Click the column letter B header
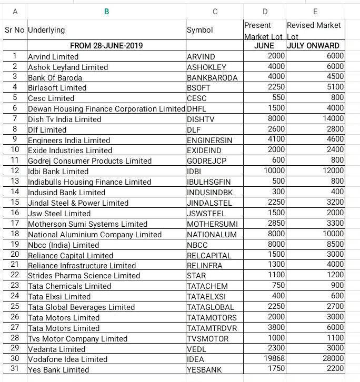[106, 11]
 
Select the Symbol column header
[200, 31]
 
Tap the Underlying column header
[46, 31]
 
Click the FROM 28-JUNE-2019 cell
[106, 46]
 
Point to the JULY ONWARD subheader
[315, 46]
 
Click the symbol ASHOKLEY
[206, 67]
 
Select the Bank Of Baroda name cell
[55, 77]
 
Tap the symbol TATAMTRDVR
[212, 328]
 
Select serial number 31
[15, 369]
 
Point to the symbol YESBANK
[204, 370]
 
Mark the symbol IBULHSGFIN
[208, 182]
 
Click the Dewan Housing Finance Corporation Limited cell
[106, 109]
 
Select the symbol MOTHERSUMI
[212, 224]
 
